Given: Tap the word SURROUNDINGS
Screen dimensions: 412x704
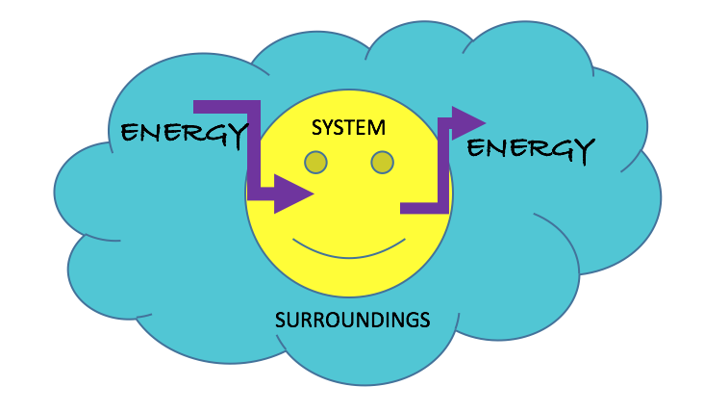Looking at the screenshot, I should (x=352, y=319).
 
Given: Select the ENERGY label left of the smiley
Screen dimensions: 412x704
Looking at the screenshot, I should (x=180, y=133).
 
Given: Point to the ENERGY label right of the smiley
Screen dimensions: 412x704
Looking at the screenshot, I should (x=530, y=148).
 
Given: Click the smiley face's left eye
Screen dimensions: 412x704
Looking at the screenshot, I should (x=315, y=163).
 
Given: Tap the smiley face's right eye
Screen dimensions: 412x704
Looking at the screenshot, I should (x=382, y=163).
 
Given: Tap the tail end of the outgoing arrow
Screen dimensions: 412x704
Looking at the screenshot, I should (x=405, y=207).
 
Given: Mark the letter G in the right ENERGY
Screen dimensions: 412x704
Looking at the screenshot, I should (x=557, y=149).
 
